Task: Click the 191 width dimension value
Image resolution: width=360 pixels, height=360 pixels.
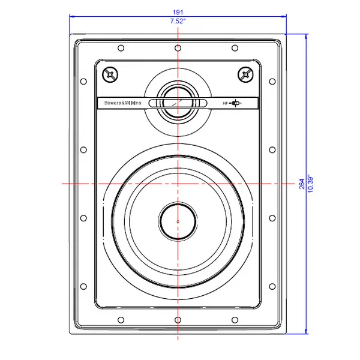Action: pos(178,12)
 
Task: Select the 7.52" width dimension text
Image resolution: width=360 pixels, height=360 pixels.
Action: pos(178,21)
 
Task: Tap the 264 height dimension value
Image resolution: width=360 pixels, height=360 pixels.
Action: pos(302,184)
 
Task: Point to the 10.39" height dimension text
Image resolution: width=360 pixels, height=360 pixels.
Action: pos(310,184)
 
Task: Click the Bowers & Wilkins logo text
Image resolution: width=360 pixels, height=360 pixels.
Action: pos(123,103)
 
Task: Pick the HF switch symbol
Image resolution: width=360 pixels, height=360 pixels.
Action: pos(232,103)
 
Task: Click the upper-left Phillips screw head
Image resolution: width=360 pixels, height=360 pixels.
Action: pos(110,74)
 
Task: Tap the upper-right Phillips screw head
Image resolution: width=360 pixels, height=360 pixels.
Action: pos(245,74)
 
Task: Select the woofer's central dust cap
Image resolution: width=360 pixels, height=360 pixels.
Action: pos(178,221)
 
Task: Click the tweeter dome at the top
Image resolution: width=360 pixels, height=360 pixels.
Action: pos(178,102)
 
